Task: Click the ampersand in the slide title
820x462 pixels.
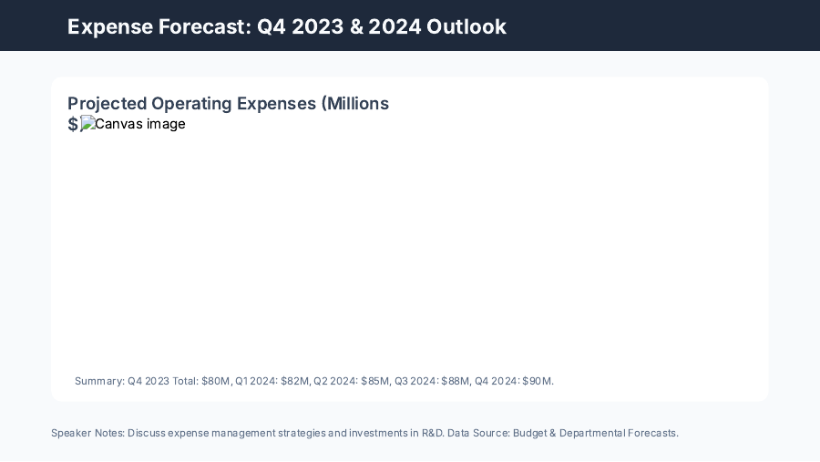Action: point(354,26)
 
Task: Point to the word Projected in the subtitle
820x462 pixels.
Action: point(107,104)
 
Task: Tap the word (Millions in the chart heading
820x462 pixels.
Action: point(355,104)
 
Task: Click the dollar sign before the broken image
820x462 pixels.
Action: point(73,125)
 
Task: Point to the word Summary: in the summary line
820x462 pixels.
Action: point(99,381)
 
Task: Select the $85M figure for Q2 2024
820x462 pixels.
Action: point(374,381)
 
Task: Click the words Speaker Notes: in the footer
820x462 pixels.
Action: point(87,433)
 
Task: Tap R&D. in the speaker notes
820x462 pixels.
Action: point(432,433)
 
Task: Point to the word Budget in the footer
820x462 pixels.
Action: point(530,433)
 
